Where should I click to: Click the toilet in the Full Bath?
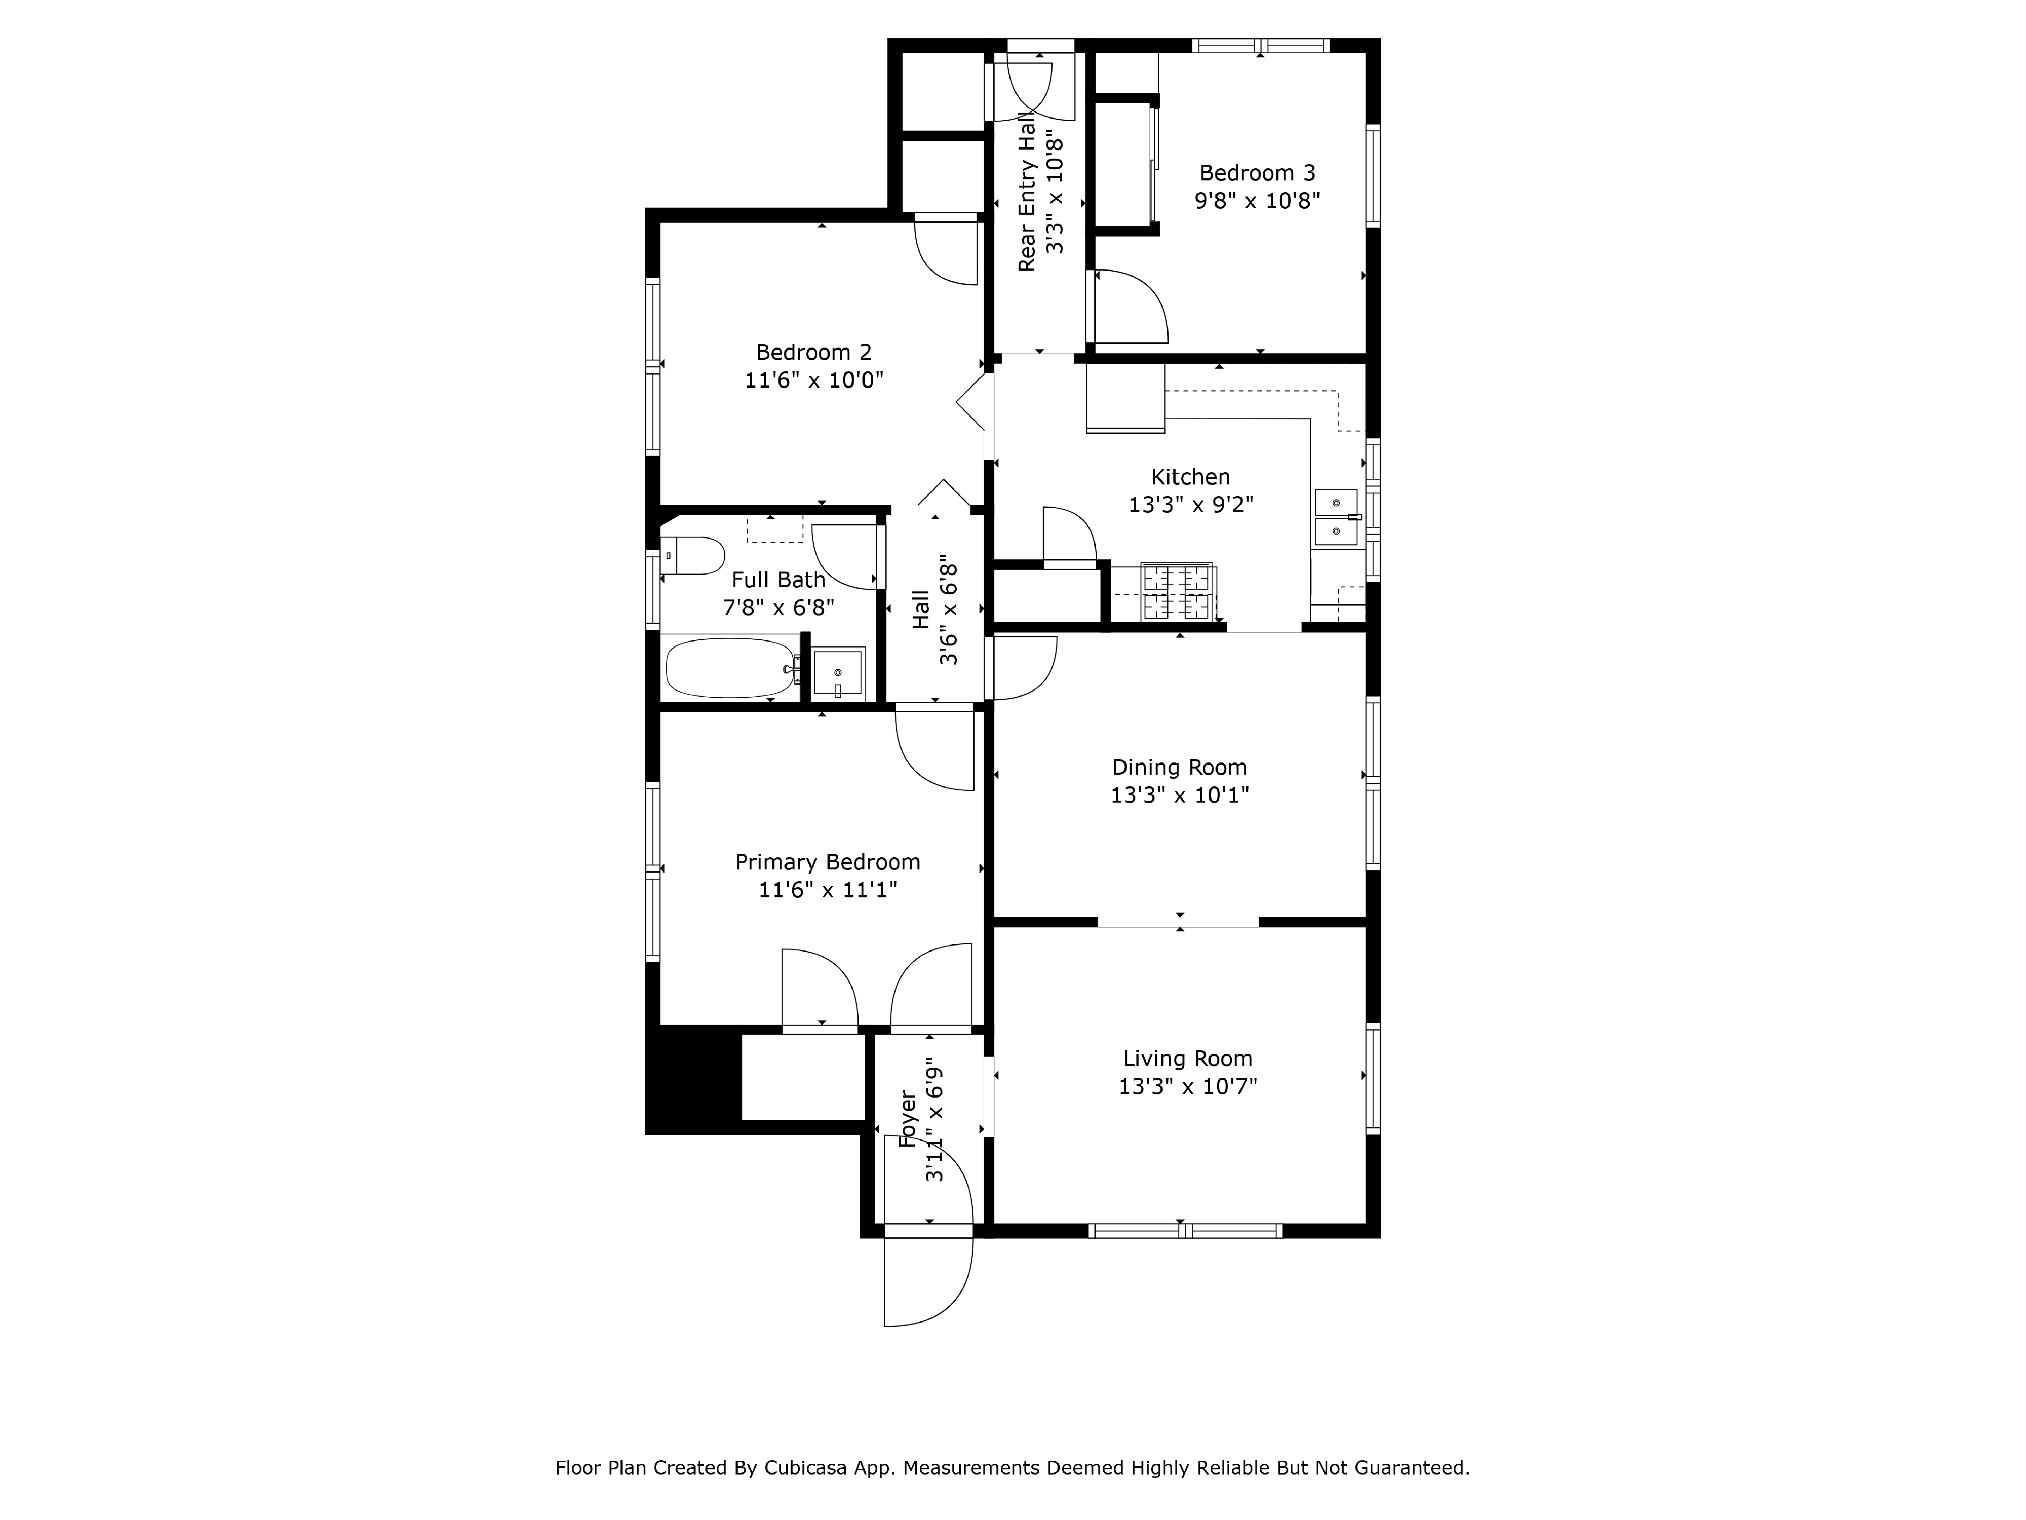[x=693, y=555]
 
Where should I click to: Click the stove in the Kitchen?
[x=1178, y=592]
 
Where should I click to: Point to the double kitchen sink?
[x=1336, y=517]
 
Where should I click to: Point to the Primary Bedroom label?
[x=827, y=862]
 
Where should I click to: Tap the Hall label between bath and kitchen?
[x=920, y=609]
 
